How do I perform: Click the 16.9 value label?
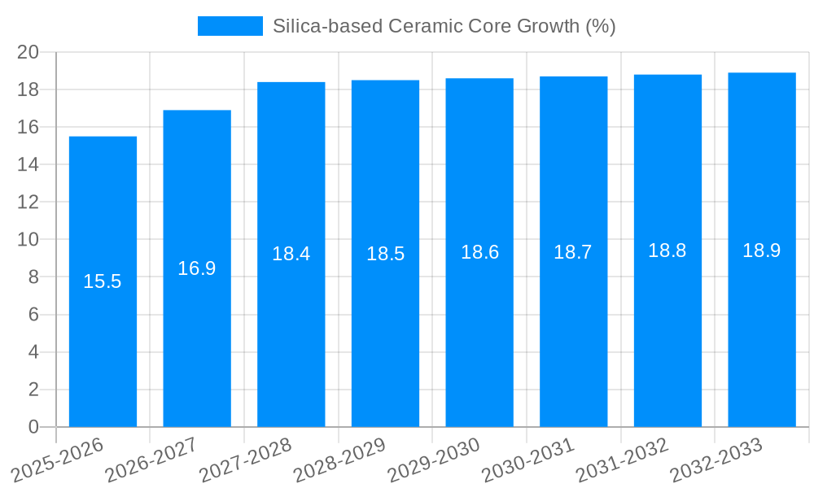tap(197, 268)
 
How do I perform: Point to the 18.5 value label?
tap(385, 254)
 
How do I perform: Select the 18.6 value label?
tap(479, 252)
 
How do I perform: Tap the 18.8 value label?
tap(667, 251)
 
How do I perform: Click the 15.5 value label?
tap(103, 281)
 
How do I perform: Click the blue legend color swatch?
tap(230, 26)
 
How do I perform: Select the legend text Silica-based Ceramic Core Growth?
tap(444, 26)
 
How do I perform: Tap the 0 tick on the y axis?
tap(33, 427)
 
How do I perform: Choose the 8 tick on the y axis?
tap(33, 277)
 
